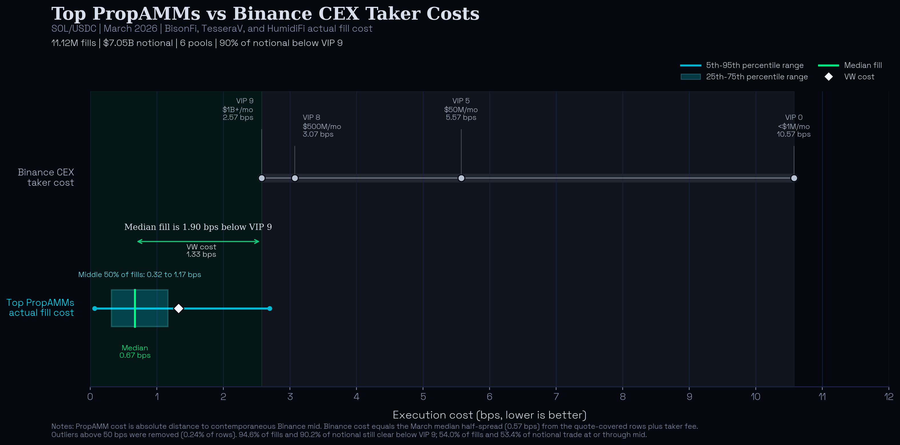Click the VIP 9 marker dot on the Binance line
click(x=262, y=178)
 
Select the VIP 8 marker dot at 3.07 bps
click(x=295, y=178)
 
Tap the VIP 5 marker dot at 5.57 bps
click(x=461, y=178)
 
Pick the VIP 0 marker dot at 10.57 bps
click(x=794, y=178)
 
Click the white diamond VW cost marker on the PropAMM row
click(x=179, y=308)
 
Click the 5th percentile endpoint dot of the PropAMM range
click(x=94, y=308)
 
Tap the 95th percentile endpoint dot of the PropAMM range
click(x=270, y=308)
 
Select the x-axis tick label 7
click(x=556, y=397)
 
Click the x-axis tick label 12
click(x=889, y=397)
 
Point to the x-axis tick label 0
click(x=90, y=397)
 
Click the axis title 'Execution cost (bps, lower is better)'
click(x=489, y=415)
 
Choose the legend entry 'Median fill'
click(x=863, y=65)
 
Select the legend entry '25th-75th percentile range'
click(x=757, y=77)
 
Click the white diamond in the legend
click(x=828, y=77)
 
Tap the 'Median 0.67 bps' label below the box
click(x=135, y=351)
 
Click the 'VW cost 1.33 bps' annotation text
click(x=201, y=250)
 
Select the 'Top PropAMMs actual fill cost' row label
click(x=41, y=308)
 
